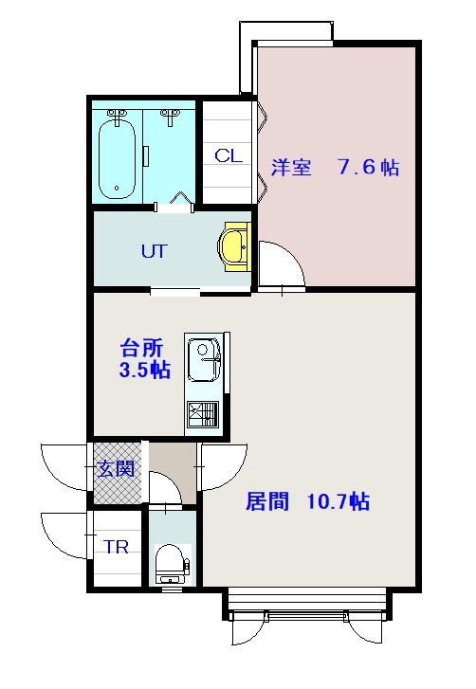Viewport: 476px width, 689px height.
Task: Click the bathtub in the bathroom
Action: pyautogui.click(x=117, y=159)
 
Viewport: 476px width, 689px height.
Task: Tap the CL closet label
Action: pyautogui.click(x=229, y=155)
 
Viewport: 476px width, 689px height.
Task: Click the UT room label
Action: pyautogui.click(x=155, y=251)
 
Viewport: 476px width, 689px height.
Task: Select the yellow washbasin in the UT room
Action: pyautogui.click(x=233, y=246)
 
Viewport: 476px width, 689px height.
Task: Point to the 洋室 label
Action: pyautogui.click(x=291, y=168)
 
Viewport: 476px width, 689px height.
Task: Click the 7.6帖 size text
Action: pyautogui.click(x=368, y=168)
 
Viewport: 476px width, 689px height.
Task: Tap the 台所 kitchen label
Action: pyautogui.click(x=141, y=348)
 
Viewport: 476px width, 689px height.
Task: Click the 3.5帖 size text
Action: pyautogui.click(x=145, y=370)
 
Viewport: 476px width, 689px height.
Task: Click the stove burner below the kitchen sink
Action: pyautogui.click(x=203, y=414)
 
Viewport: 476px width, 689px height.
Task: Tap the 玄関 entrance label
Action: pyautogui.click(x=115, y=469)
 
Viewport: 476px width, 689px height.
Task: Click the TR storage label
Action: pyautogui.click(x=116, y=547)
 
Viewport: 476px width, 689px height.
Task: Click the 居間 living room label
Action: pyautogui.click(x=267, y=501)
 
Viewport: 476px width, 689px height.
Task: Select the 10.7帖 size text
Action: pyautogui.click(x=338, y=501)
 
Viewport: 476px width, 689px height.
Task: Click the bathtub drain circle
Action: pyautogui.click(x=117, y=188)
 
